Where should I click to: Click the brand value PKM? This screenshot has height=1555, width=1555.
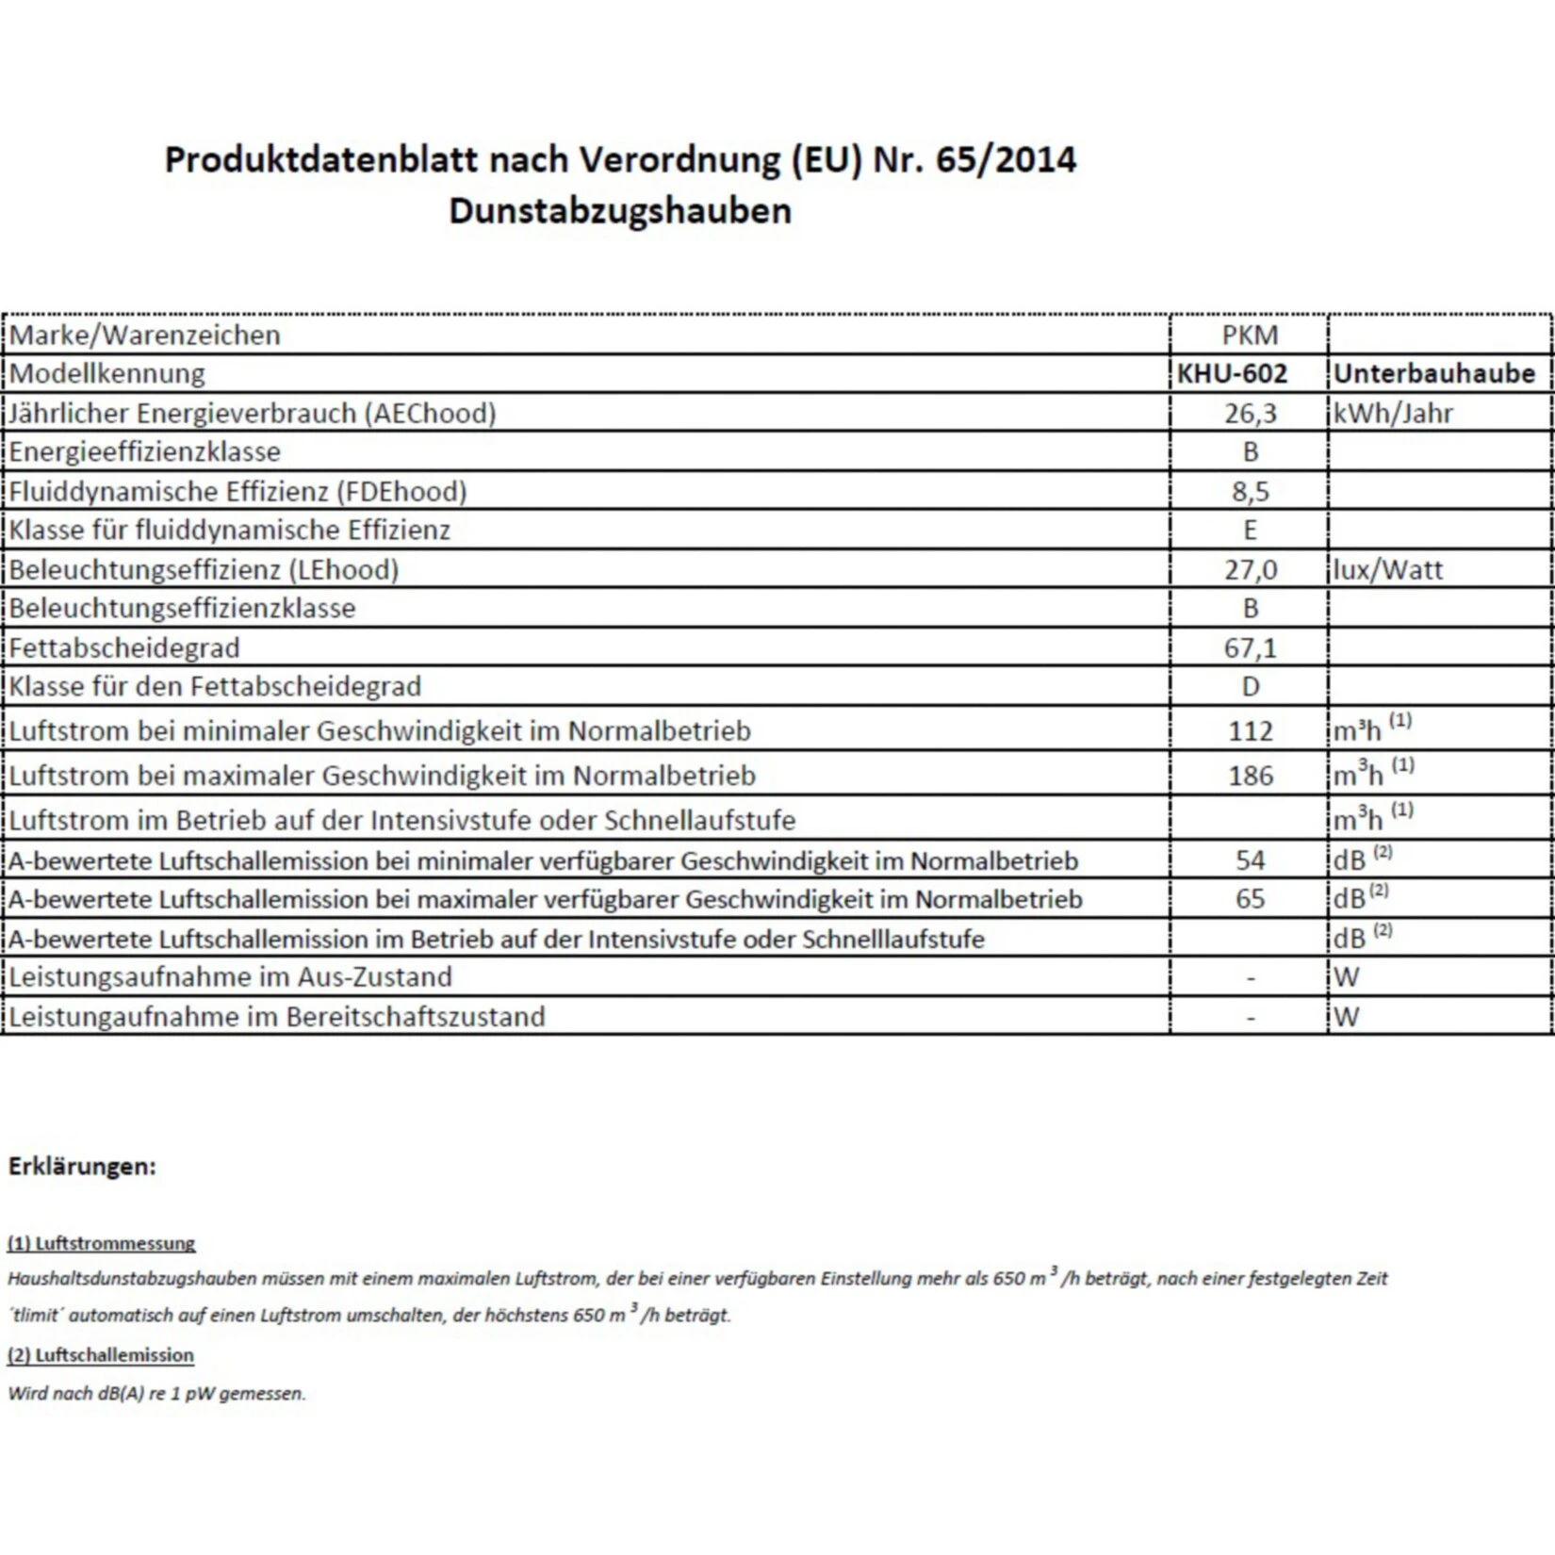pyautogui.click(x=1250, y=335)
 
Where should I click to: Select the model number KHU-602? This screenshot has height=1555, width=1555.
pyautogui.click(x=1232, y=374)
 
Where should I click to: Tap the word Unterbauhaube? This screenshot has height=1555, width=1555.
pyautogui.click(x=1434, y=374)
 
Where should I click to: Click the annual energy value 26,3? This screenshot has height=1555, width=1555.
pyautogui.click(x=1251, y=413)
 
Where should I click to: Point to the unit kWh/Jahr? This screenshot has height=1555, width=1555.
pyautogui.click(x=1393, y=413)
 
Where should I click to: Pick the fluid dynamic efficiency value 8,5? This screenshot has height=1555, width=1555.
pyautogui.click(x=1251, y=491)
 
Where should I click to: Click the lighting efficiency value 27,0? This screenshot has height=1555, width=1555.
pyautogui.click(x=1251, y=569)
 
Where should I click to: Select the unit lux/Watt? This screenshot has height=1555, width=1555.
pyautogui.click(x=1387, y=569)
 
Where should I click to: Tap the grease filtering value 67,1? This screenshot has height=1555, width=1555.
pyautogui.click(x=1251, y=647)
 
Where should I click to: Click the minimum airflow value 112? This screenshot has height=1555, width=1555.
pyautogui.click(x=1251, y=730)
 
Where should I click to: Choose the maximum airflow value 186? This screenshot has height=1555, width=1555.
pyautogui.click(x=1251, y=776)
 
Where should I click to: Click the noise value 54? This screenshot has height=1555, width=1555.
pyautogui.click(x=1251, y=859)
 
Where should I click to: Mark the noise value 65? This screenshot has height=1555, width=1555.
pyautogui.click(x=1251, y=898)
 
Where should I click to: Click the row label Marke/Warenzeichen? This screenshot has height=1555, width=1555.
pyautogui.click(x=144, y=335)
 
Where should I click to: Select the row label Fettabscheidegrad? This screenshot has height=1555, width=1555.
pyautogui.click(x=124, y=647)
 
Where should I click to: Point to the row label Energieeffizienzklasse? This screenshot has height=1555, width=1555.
pyautogui.click(x=144, y=451)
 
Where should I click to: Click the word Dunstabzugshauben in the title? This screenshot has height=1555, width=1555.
pyautogui.click(x=620, y=210)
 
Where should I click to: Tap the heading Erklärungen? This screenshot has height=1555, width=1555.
pyautogui.click(x=82, y=1166)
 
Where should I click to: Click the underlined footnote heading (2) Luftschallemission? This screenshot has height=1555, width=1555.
pyautogui.click(x=101, y=1354)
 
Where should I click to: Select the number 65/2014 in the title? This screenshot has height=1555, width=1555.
pyautogui.click(x=1006, y=159)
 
